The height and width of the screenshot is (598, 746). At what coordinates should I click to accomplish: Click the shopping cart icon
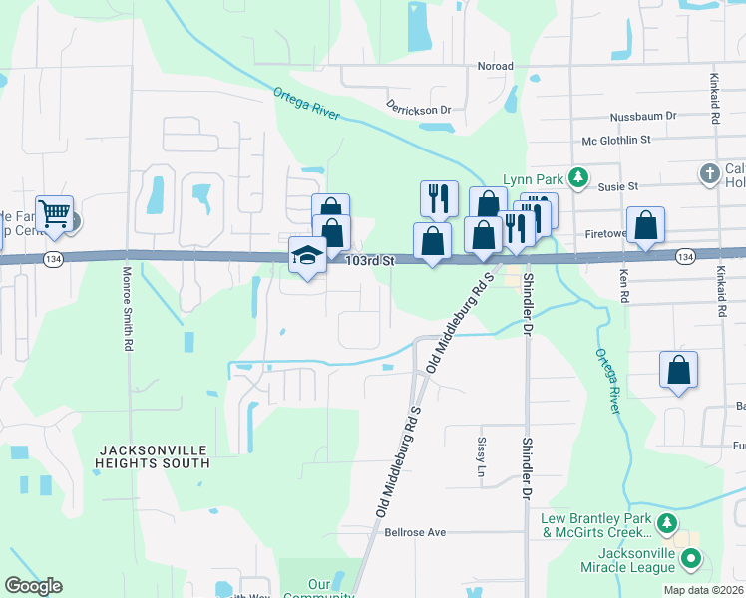[x=55, y=212]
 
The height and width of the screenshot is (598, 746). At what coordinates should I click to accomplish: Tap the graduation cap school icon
[x=307, y=256]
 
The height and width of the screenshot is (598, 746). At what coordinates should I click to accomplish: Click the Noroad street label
[x=495, y=67]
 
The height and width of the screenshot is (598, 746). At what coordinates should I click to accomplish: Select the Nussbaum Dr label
[x=643, y=116]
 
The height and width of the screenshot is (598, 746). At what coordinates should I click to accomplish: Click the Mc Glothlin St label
[x=615, y=140]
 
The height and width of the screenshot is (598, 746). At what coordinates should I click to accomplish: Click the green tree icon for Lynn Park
[x=577, y=178]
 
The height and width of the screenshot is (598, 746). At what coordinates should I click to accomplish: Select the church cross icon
[x=709, y=174]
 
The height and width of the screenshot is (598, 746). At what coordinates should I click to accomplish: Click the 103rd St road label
[x=371, y=260]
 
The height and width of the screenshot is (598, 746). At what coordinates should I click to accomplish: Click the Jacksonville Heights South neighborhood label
[x=154, y=456]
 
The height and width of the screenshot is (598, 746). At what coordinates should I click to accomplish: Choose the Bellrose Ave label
[x=415, y=532]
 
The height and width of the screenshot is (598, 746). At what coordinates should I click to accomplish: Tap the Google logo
[x=33, y=586]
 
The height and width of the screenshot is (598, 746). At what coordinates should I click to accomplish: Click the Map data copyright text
[x=703, y=590]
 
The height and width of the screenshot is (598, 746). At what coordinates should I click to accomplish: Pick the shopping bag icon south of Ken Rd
[x=678, y=370]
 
